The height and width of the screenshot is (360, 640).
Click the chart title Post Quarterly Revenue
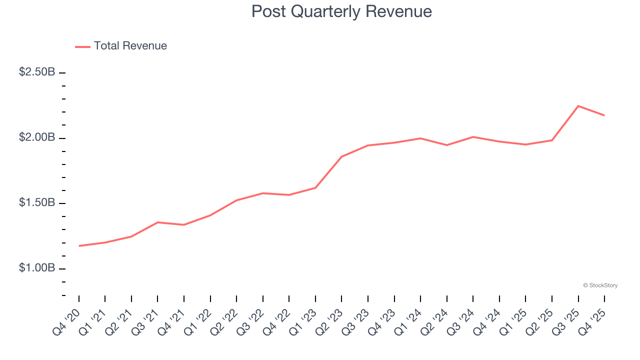[341, 11]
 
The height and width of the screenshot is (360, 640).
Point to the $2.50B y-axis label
[37, 72]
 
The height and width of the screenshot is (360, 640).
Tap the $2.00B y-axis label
[37, 137]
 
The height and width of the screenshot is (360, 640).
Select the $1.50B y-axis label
[37, 203]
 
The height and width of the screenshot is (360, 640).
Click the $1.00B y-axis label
[37, 268]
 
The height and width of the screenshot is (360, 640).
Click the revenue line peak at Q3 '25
[578, 106]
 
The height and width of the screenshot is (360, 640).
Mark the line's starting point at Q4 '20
[79, 246]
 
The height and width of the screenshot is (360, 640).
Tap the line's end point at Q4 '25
[604, 115]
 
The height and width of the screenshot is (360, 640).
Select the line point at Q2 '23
[341, 156]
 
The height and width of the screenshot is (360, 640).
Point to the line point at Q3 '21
[157, 222]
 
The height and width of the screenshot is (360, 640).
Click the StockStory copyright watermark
[600, 285]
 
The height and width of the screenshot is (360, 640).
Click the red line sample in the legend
[82, 46]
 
